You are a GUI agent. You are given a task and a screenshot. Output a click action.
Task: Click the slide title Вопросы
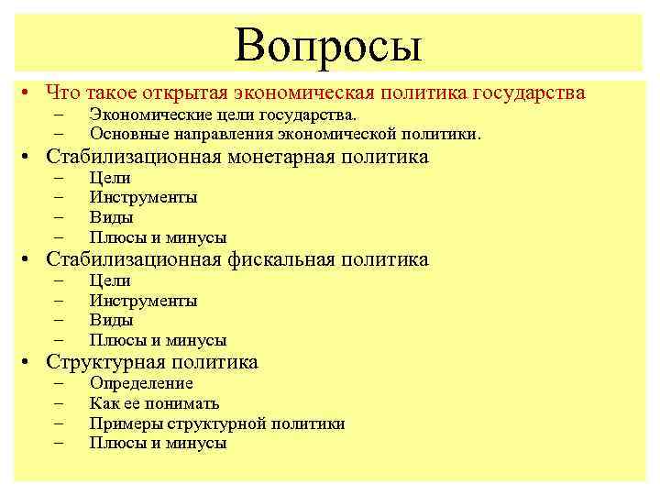click(x=327, y=44)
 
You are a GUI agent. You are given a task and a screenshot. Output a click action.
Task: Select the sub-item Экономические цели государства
click(x=223, y=115)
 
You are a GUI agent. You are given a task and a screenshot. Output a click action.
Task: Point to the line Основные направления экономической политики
click(x=284, y=134)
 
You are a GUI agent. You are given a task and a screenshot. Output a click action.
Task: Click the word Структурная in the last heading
click(x=103, y=362)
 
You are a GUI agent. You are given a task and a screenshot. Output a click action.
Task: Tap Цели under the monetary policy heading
click(x=110, y=178)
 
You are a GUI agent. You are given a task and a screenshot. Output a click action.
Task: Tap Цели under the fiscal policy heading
click(x=110, y=280)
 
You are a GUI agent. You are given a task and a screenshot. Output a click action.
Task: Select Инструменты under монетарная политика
click(x=143, y=198)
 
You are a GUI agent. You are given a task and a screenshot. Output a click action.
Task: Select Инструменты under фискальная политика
click(x=143, y=301)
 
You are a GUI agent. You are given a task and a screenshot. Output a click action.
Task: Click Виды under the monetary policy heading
click(x=111, y=218)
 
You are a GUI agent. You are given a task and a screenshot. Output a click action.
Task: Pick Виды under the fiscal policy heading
click(x=111, y=321)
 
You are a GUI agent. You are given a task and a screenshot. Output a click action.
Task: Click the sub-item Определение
click(x=141, y=383)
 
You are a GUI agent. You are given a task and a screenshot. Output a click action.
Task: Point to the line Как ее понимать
click(x=154, y=403)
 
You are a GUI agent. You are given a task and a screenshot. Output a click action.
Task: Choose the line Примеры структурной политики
click(x=217, y=423)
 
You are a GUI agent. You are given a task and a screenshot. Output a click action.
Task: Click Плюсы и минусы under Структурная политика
click(x=158, y=444)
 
